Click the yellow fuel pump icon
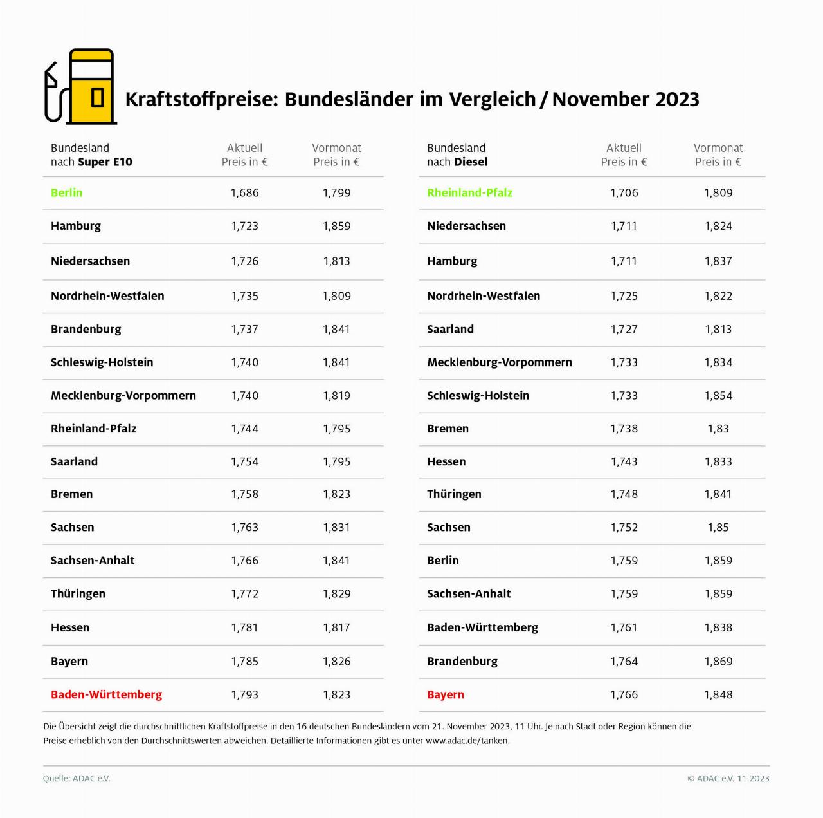tap(81, 86)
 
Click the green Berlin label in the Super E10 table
tap(67, 192)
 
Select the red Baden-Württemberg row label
tap(106, 694)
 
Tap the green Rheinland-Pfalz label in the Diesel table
tap(469, 192)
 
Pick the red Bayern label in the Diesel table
tap(446, 694)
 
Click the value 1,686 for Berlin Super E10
tap(244, 192)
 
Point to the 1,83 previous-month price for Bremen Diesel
tap(718, 429)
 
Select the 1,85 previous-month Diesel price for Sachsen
tap(718, 527)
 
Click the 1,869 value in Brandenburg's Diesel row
tap(718, 661)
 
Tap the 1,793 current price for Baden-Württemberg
tap(244, 694)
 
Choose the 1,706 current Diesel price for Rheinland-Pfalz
tap(624, 192)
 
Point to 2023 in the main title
tap(677, 99)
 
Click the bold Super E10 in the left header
tap(105, 162)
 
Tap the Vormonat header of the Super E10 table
tap(336, 148)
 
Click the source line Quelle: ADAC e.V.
tap(77, 778)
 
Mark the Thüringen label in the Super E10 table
tap(78, 593)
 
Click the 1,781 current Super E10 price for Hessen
tap(244, 627)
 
